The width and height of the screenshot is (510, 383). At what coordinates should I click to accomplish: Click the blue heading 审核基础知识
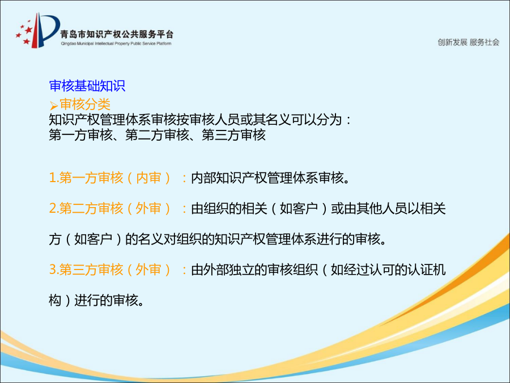[87, 86]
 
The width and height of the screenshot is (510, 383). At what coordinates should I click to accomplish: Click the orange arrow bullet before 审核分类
[53, 106]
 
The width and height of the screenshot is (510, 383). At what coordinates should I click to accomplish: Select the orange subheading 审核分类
[85, 104]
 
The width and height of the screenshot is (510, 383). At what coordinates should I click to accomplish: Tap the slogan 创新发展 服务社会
[468, 43]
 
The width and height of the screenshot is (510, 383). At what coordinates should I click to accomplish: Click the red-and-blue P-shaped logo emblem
[38, 31]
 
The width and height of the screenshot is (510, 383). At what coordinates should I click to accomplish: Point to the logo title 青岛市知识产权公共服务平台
[117, 34]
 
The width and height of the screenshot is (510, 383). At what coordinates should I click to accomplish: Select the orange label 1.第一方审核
[86, 178]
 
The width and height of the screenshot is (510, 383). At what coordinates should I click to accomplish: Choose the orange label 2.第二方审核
[86, 208]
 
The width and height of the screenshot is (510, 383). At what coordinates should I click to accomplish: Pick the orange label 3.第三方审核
[86, 270]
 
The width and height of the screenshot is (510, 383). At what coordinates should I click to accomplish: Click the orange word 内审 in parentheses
[148, 178]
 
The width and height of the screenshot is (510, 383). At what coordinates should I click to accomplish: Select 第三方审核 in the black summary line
[233, 135]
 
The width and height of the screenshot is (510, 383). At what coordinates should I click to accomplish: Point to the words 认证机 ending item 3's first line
[427, 270]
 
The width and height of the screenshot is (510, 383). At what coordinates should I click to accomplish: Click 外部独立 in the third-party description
[229, 270]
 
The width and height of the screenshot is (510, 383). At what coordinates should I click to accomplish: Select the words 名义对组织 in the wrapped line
[170, 239]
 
